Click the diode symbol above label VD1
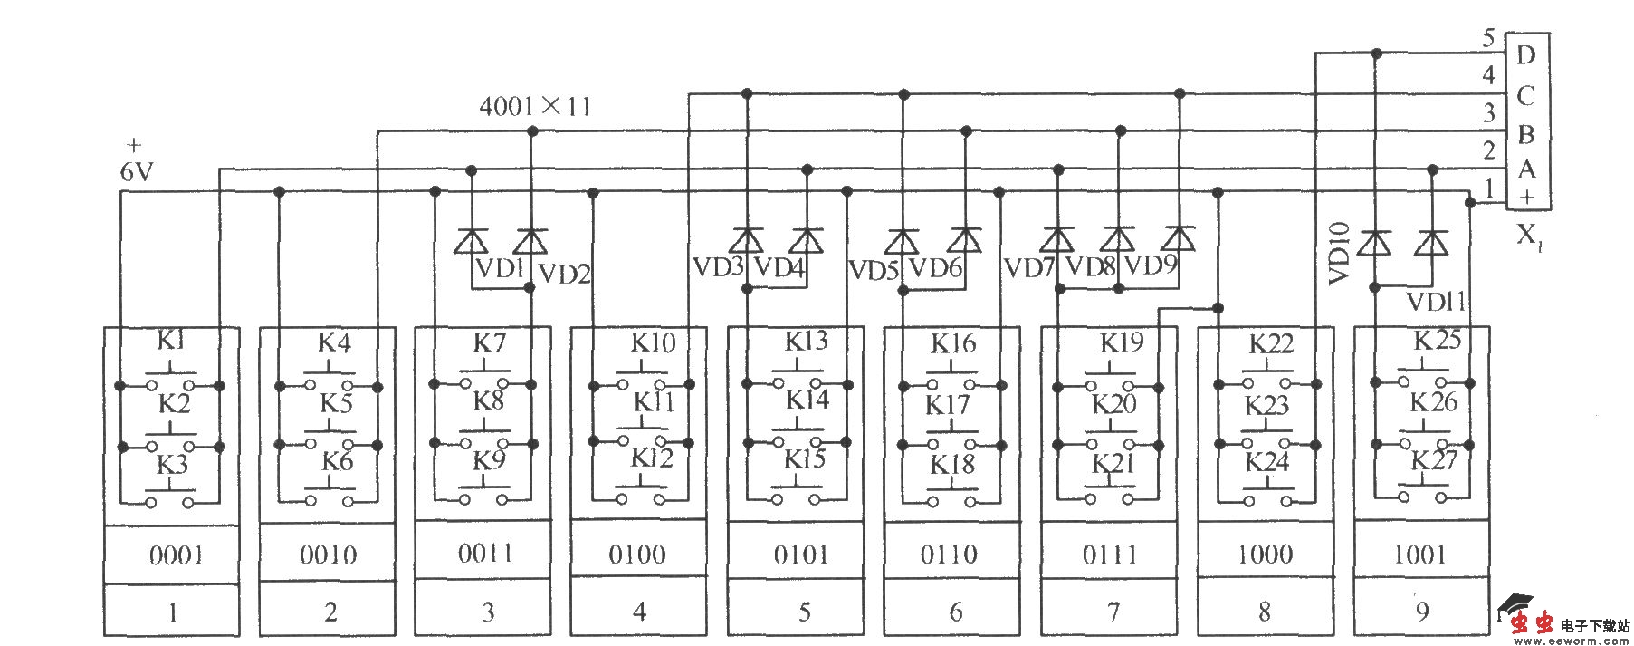click(471, 242)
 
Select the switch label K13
click(806, 342)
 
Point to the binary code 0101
click(801, 554)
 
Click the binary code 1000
click(1265, 554)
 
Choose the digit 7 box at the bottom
click(1113, 612)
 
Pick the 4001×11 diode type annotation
click(534, 107)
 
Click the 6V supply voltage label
click(137, 171)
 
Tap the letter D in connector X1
click(1525, 55)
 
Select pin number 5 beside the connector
click(1488, 38)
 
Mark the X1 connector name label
click(1527, 236)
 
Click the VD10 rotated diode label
click(1340, 254)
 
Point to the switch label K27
click(1435, 460)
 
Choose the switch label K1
click(171, 341)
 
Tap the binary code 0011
click(485, 554)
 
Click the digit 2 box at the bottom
click(330, 612)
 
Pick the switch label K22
click(1271, 344)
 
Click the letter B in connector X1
click(1525, 135)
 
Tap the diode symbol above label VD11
click(1431, 243)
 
